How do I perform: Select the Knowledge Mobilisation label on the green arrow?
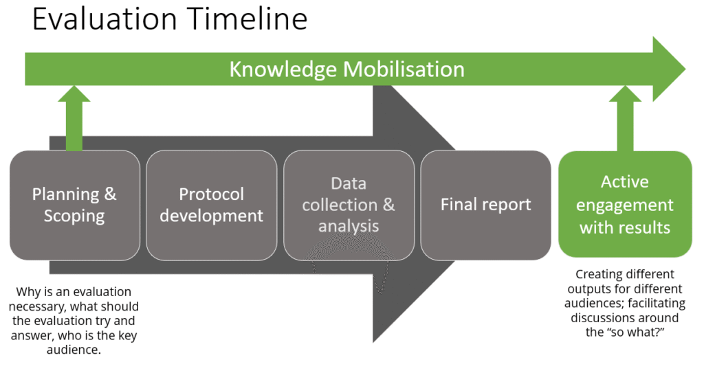(346, 69)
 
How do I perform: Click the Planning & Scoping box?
(74, 205)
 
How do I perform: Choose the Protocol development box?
(211, 205)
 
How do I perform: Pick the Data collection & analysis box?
(349, 205)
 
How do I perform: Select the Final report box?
(485, 205)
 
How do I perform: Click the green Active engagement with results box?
(625, 204)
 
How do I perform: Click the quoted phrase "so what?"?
(633, 331)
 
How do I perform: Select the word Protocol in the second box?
(211, 194)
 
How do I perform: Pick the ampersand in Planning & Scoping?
(109, 194)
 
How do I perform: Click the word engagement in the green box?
(625, 205)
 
